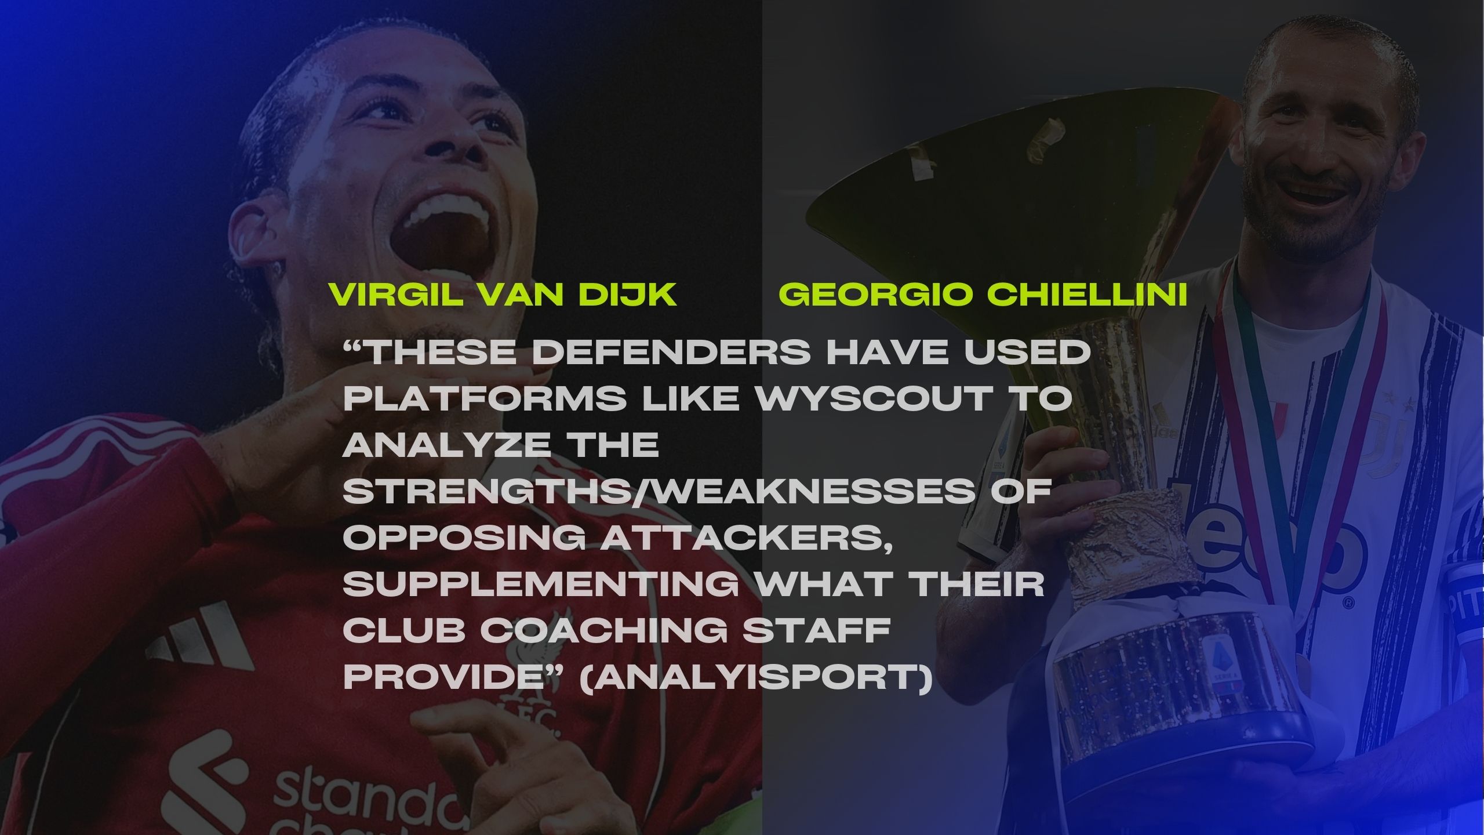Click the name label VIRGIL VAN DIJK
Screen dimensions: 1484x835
tap(503, 295)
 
